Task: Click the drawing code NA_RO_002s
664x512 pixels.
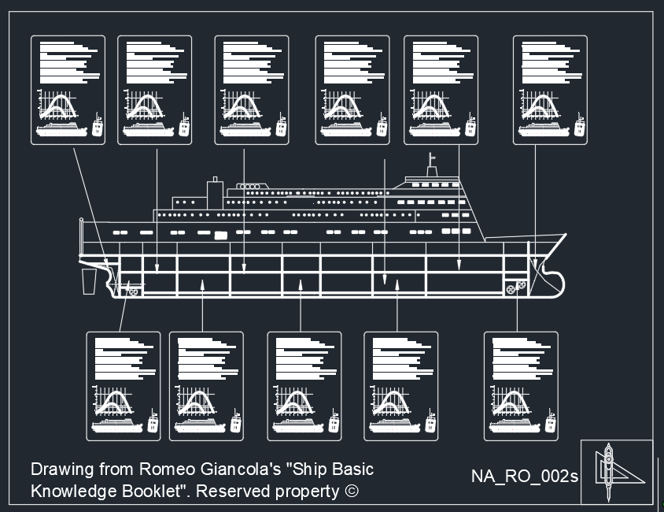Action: coord(525,477)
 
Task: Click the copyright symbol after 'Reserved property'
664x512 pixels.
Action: coord(351,492)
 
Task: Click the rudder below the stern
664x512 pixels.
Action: coord(90,280)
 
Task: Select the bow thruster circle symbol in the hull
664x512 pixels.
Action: coord(512,289)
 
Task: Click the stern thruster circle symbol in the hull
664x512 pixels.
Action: coord(134,291)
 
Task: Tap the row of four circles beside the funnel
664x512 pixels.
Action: coord(249,187)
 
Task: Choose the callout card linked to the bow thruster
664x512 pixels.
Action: coord(521,385)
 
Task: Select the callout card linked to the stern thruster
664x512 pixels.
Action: coord(123,385)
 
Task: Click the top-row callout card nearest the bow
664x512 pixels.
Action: coord(550,90)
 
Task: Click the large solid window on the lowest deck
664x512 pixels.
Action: coord(221,235)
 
